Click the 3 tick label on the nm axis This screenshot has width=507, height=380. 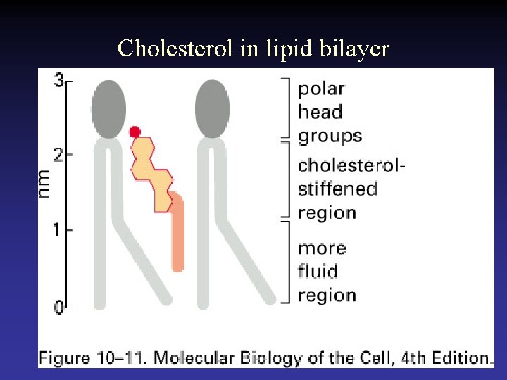59,81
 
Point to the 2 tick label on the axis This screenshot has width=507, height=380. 59,154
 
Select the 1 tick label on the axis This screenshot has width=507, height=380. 59,230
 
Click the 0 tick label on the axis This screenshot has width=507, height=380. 59,308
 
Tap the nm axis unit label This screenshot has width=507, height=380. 44,184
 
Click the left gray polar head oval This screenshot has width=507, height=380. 108,108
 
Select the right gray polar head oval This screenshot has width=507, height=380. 212,108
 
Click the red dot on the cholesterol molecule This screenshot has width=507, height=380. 135,132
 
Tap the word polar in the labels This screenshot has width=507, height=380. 321,89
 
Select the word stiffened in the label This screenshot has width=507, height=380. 337,189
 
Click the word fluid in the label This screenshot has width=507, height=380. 318,272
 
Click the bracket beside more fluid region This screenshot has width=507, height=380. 285,262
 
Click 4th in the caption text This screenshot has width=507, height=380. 413,357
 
